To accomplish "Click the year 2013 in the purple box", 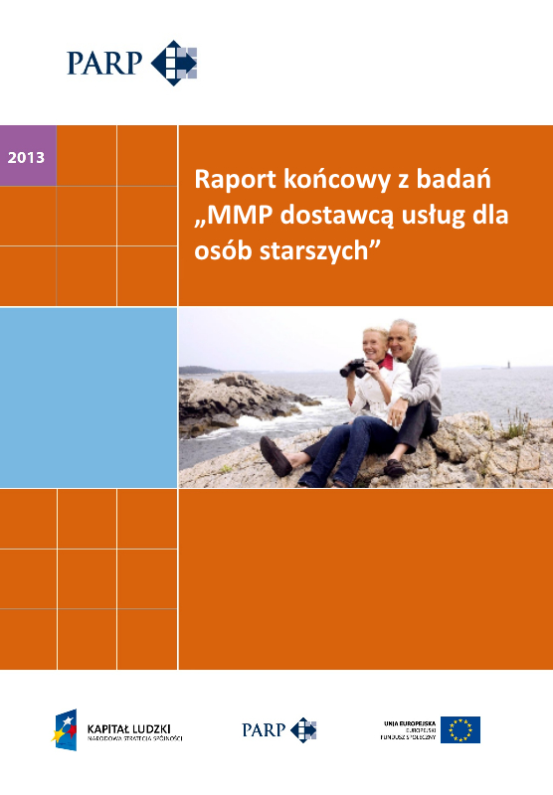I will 25,157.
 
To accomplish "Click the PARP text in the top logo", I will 105,65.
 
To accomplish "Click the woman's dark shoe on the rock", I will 276,458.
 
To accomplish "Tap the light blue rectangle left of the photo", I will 89,397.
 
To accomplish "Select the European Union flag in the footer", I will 461,729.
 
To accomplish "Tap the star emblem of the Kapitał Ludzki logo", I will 67,728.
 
